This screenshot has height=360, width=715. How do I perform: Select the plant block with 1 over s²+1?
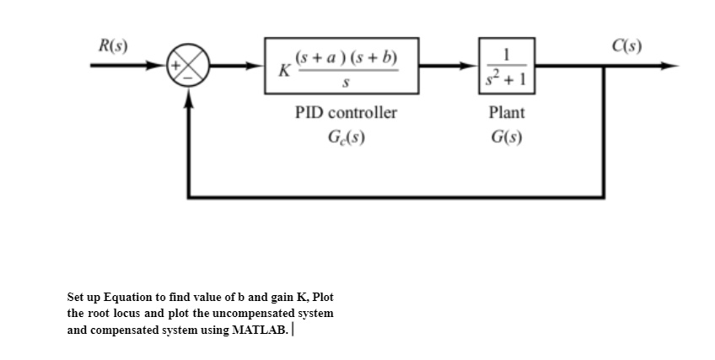pyautogui.click(x=507, y=67)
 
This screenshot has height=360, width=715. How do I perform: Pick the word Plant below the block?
pyautogui.click(x=507, y=112)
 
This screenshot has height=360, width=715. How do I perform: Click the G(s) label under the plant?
pyautogui.click(x=507, y=137)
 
